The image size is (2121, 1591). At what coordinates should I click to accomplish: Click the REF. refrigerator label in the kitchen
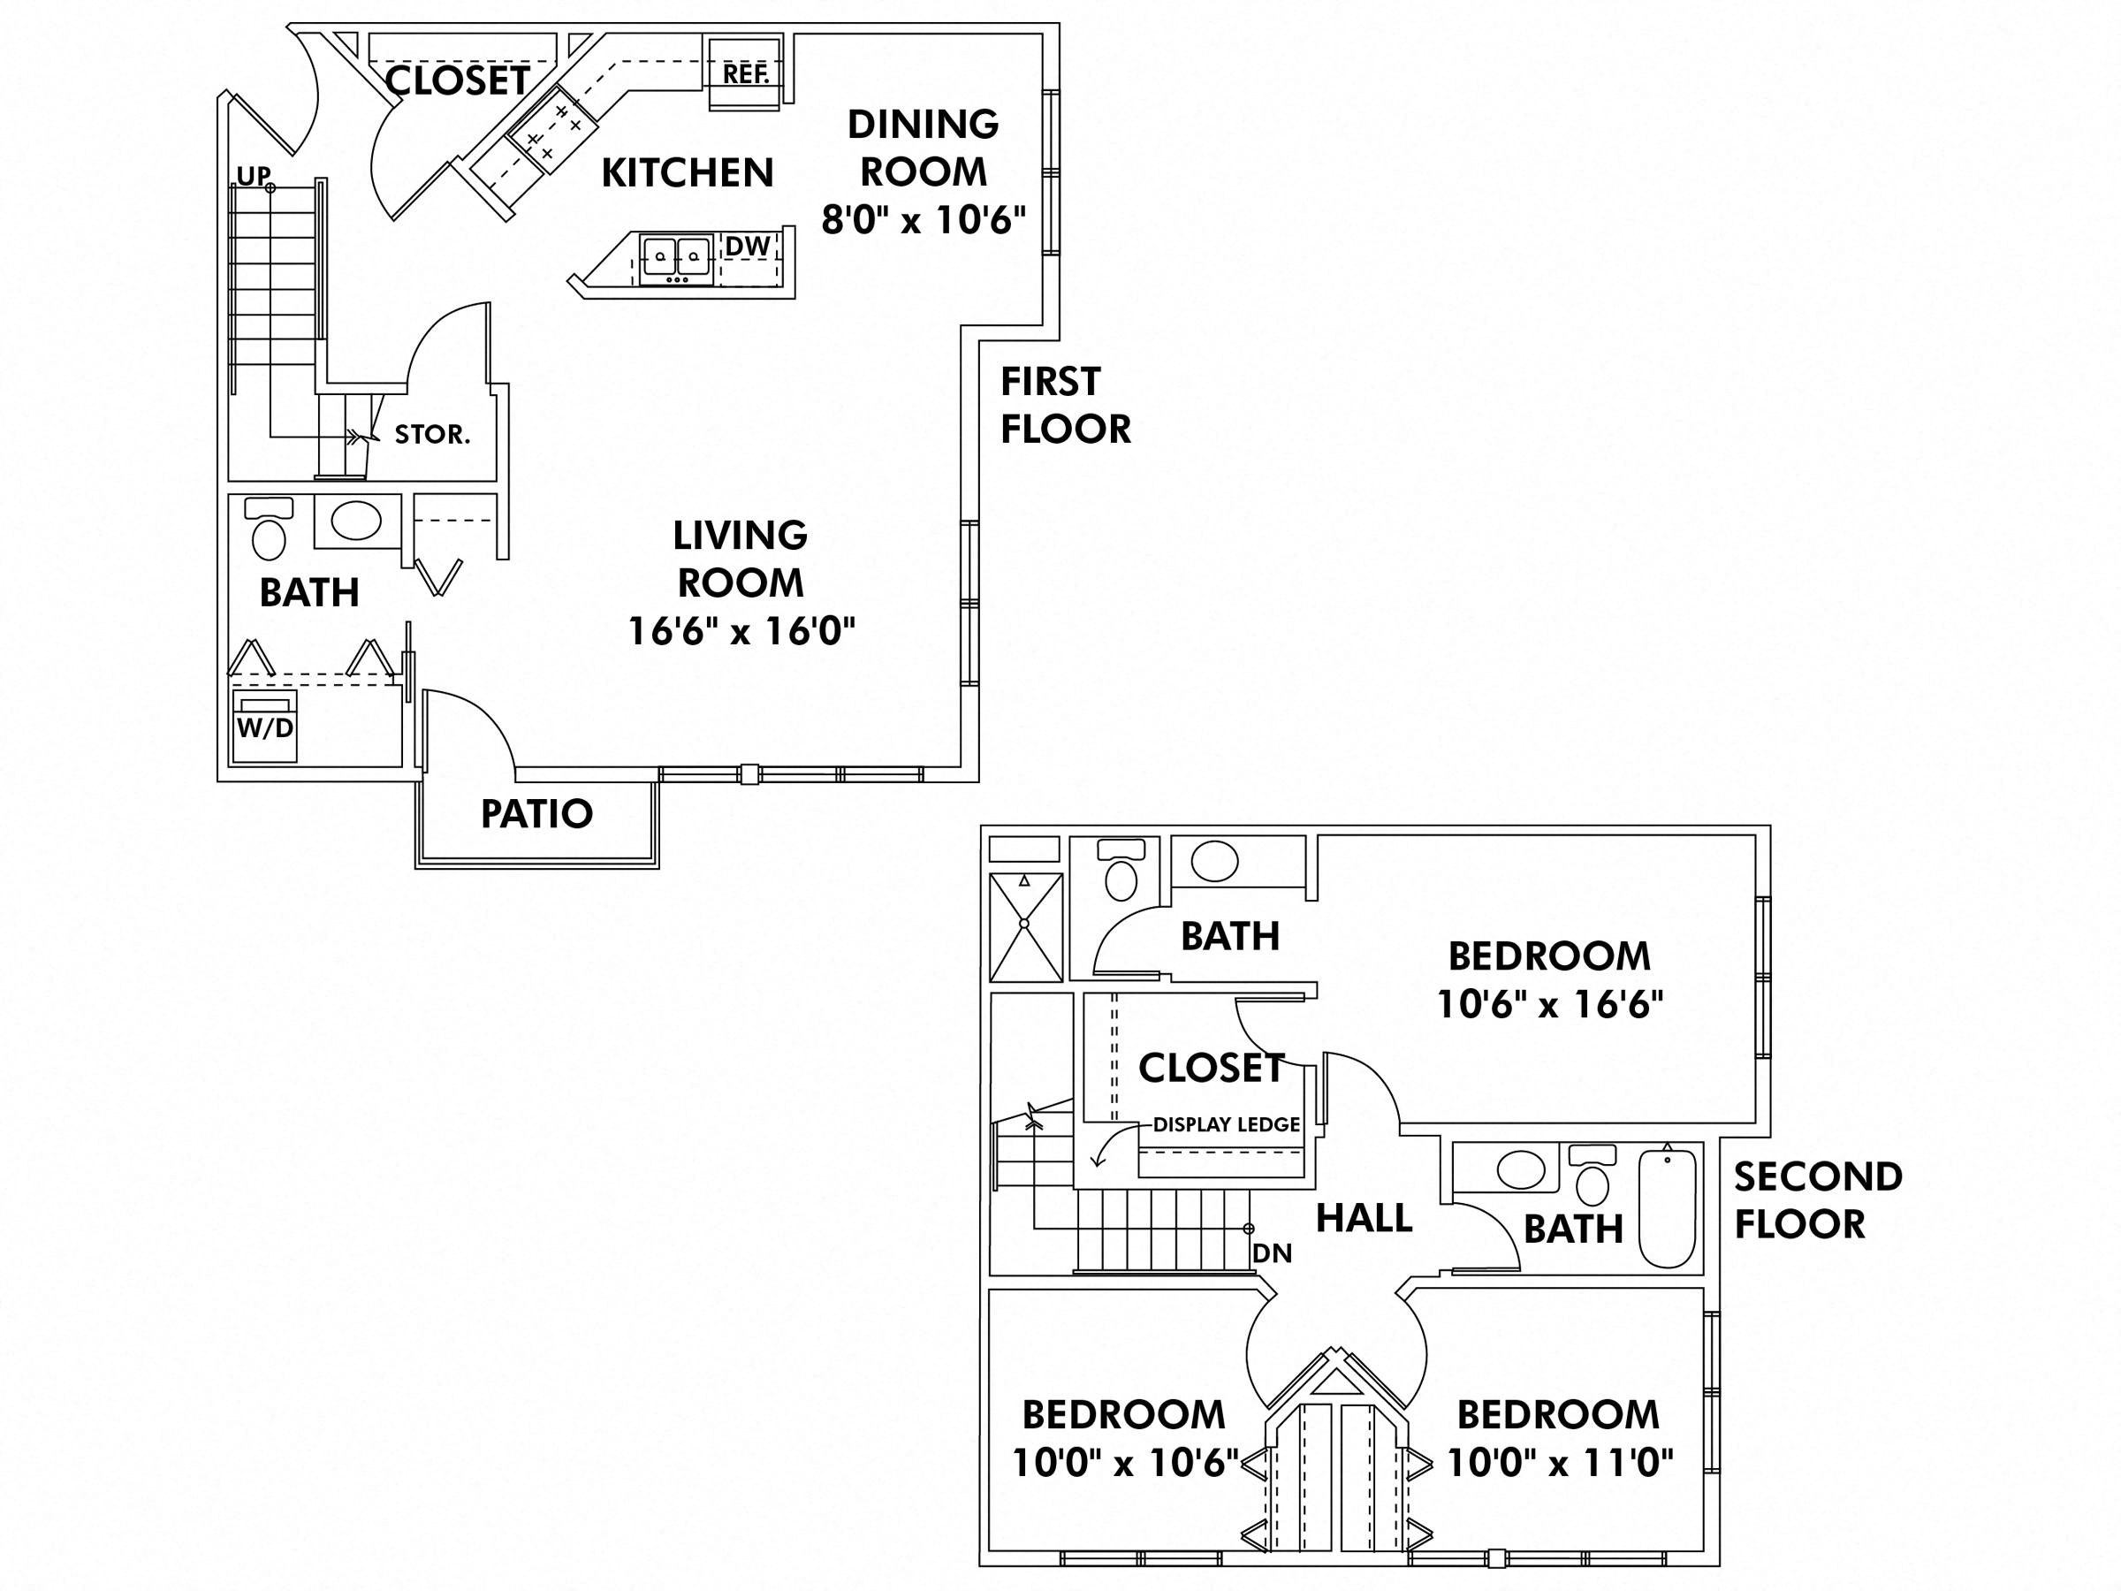point(745,74)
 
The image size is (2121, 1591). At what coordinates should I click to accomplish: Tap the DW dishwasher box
point(747,247)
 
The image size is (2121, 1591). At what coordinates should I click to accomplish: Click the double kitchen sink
point(676,258)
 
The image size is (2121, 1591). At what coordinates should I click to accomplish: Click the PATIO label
point(536,814)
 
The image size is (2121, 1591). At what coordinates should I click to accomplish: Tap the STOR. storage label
point(431,435)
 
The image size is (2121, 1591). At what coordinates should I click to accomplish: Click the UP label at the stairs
point(253,176)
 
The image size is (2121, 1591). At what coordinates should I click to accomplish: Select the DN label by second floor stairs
point(1272,1253)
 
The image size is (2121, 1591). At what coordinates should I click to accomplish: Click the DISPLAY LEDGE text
point(1226,1125)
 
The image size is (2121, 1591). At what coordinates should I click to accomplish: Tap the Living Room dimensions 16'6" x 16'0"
point(741,631)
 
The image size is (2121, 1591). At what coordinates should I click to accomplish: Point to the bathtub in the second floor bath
point(1667,1208)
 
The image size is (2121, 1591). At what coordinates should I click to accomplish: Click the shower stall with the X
point(1025,926)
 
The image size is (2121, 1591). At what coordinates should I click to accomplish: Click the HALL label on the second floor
point(1363,1218)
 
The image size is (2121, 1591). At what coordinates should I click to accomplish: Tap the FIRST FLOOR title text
point(1064,406)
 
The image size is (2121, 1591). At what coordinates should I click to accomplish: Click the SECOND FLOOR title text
point(1817,1199)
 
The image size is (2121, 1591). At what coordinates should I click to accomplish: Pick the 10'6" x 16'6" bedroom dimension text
point(1548,1004)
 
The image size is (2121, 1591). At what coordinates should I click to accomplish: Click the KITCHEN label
point(687,172)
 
